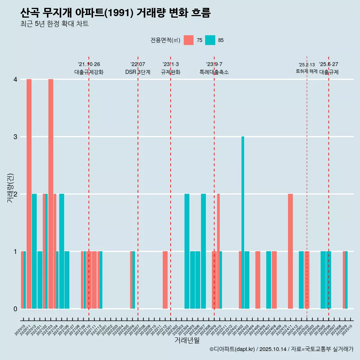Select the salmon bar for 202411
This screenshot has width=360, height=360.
(x=290, y=251)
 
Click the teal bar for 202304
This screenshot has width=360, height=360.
(x=187, y=251)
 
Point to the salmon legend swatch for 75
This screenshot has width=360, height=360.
(x=189, y=40)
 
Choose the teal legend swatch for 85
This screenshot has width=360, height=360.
(x=210, y=40)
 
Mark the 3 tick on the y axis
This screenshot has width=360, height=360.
(x=15, y=137)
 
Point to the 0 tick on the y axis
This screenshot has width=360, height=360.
(x=15, y=309)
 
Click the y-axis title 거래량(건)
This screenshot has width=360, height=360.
(x=10, y=188)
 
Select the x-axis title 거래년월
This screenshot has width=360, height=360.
(x=187, y=340)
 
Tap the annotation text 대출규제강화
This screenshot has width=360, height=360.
(x=89, y=72)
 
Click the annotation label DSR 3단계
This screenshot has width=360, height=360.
(x=138, y=72)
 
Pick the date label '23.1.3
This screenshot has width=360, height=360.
(x=171, y=64)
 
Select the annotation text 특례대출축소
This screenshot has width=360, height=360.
(x=214, y=72)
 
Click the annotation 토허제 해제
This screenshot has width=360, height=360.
(x=307, y=71)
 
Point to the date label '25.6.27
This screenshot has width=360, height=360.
(x=328, y=64)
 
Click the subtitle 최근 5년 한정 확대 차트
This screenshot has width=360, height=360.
(x=54, y=24)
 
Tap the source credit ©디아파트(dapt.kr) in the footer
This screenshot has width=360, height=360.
(x=232, y=349)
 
